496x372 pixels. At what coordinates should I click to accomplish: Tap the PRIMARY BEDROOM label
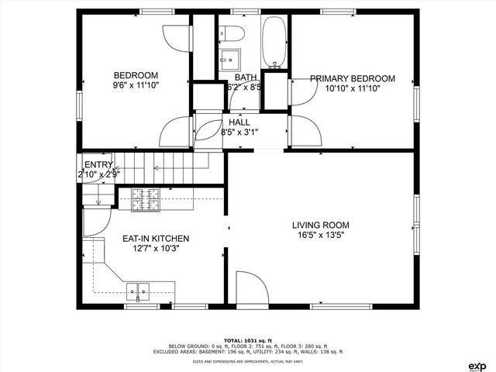[x=353, y=78]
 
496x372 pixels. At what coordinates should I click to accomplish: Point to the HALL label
[x=239, y=122]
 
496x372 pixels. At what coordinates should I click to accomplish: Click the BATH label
[x=246, y=77]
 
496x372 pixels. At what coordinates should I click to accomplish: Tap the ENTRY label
[x=98, y=164]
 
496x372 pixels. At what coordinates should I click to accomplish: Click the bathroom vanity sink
[x=229, y=59]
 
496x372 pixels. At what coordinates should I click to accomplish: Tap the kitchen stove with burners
[x=146, y=200]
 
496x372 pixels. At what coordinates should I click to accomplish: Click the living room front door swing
[x=251, y=288]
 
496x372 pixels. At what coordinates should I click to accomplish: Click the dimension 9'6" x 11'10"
[x=136, y=87]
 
